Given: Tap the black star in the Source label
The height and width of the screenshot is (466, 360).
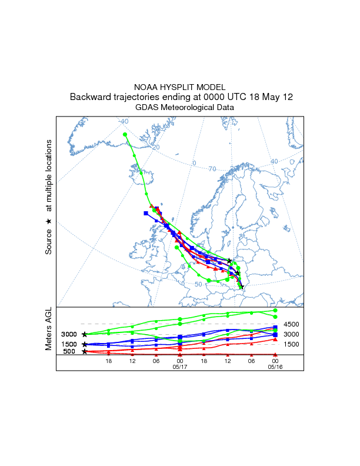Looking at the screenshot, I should pos(49,221).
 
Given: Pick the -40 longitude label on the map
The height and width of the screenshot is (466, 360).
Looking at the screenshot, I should pos(123,122).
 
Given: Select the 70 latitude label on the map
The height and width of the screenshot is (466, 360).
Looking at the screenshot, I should pos(212,169).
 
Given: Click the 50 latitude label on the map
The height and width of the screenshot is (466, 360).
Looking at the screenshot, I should pos(198,284).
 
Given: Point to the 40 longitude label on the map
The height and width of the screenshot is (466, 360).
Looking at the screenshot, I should pos(274,161).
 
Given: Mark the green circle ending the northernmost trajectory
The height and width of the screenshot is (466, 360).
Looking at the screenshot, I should pos(125,135).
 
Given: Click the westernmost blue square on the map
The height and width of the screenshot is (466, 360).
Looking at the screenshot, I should pos(146,213).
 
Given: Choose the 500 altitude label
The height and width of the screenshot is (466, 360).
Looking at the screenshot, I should pos(70,352).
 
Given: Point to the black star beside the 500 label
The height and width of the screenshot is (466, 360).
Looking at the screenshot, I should pos(85,351).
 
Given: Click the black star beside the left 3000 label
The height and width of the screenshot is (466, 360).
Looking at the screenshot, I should pos(85,334).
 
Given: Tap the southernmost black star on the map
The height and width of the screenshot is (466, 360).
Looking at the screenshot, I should pos(241,287).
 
